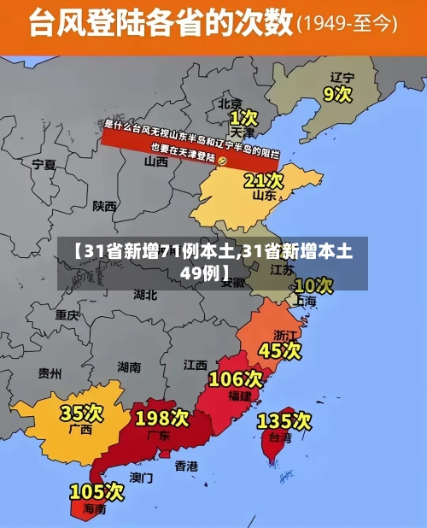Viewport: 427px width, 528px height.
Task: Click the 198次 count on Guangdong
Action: click(162, 418)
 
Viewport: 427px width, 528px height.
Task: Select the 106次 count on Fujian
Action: click(236, 378)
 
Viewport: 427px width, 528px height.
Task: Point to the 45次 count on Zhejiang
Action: click(280, 350)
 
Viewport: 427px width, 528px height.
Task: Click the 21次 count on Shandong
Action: click(263, 180)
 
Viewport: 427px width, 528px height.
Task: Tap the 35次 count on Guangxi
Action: click(81, 413)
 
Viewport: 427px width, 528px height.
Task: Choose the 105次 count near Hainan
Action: click(97, 491)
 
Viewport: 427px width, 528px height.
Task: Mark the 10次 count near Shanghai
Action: click(313, 285)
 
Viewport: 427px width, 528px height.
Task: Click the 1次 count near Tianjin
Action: click(243, 115)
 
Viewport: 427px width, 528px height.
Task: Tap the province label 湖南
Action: click(129, 367)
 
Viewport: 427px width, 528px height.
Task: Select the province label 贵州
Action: click(50, 373)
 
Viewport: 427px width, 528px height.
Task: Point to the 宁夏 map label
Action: click(44, 163)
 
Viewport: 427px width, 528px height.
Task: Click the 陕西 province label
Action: click(105, 206)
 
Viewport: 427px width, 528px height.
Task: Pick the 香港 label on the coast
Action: click(186, 466)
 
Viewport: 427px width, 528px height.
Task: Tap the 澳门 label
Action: click(141, 477)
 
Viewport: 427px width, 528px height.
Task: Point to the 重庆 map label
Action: click(67, 314)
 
